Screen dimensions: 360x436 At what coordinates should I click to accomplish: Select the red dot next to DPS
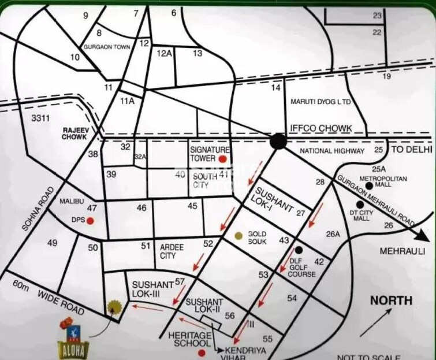pyautogui.click(x=90, y=220)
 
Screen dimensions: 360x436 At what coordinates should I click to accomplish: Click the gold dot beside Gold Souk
pyautogui.click(x=239, y=235)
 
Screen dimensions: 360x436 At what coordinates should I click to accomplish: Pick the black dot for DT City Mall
pyautogui.click(x=360, y=204)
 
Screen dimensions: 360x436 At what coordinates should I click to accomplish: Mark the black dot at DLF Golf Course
pyautogui.click(x=299, y=250)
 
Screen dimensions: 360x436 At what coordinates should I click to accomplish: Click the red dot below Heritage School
pyautogui.click(x=201, y=352)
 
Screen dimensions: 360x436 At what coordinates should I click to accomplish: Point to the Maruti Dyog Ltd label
pyautogui.click(x=321, y=102)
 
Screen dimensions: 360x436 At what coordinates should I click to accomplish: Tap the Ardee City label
pyautogui.click(x=172, y=251)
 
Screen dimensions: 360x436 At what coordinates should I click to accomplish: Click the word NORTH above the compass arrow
pyautogui.click(x=391, y=300)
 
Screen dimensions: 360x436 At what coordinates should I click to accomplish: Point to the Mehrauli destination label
pyautogui.click(x=402, y=251)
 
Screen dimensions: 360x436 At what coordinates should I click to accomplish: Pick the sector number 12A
pyautogui.click(x=165, y=54)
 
